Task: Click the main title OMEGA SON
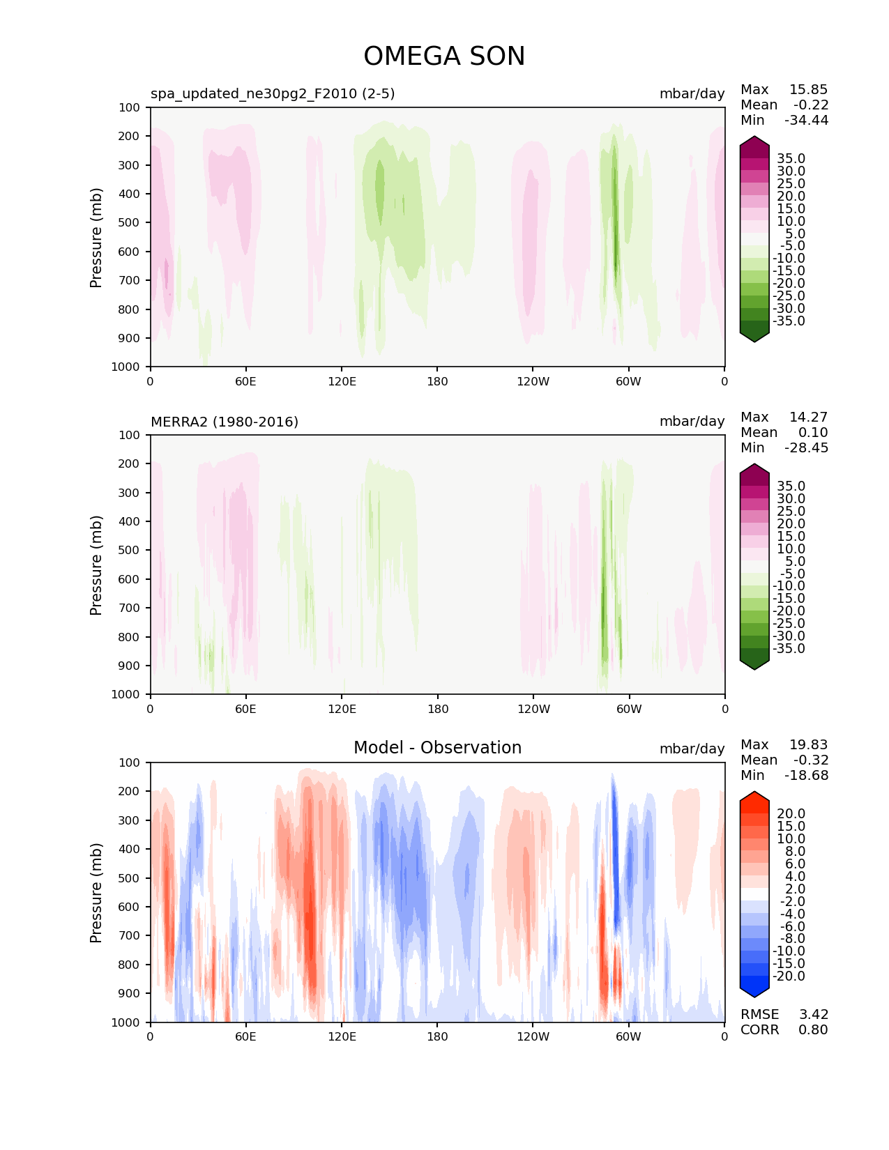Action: coord(444,56)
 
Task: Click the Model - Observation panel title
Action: coord(437,748)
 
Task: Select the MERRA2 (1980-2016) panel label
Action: coord(225,422)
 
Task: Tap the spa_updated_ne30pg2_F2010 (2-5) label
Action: coord(273,93)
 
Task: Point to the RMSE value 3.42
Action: coord(814,1014)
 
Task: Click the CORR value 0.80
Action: coord(813,1029)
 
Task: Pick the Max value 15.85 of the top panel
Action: coord(808,89)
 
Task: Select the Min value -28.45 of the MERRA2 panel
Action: coord(807,447)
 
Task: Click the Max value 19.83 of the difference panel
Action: coord(808,744)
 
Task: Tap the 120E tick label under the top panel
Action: coord(342,381)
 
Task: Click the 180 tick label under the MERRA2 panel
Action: coord(437,709)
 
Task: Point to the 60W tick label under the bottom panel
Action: coord(628,1036)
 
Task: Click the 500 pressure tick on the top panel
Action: coord(130,222)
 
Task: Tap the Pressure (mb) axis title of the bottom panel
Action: coord(96,892)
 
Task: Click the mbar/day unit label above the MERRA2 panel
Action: coord(692,422)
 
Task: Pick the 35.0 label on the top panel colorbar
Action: coord(791,158)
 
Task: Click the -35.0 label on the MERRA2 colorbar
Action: coord(789,648)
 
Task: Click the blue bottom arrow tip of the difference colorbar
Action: coord(754,995)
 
